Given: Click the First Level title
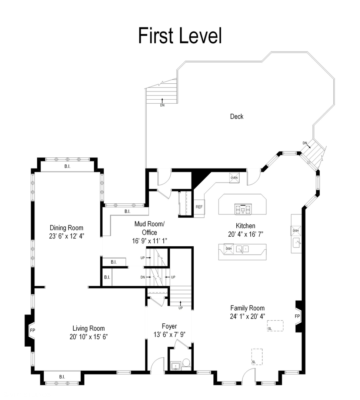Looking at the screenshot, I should click(180, 36).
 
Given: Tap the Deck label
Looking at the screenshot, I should click(237, 117).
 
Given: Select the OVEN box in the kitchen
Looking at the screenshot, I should click(234, 178).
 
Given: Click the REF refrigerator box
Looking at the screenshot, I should click(199, 207).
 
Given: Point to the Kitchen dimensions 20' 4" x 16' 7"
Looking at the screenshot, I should click(245, 234).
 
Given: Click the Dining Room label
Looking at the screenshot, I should click(67, 228).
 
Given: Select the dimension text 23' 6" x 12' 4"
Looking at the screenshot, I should click(67, 236).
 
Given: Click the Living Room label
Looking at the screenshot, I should click(89, 328).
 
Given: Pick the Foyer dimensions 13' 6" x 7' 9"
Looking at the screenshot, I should click(169, 334).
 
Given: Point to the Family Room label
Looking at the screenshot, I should click(247, 308).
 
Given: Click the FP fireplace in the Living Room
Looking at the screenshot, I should click(32, 329).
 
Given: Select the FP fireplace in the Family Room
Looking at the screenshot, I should click(297, 317).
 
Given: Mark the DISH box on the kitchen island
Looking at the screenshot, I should click(229, 249).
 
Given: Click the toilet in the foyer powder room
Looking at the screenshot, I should click(186, 363).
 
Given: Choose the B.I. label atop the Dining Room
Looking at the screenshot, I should click(67, 167).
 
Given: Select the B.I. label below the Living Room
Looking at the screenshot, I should click(62, 377).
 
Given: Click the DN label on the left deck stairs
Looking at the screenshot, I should click(162, 105).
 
